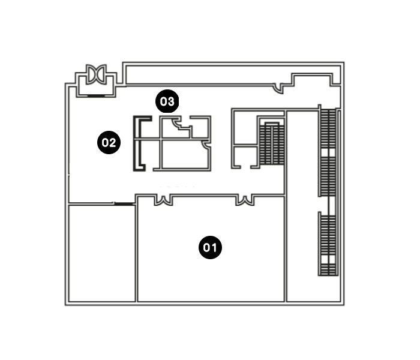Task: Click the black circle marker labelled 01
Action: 210,247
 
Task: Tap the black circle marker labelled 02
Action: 109,142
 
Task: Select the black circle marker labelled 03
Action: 167,101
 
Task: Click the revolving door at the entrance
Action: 96,74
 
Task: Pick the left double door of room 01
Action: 163,200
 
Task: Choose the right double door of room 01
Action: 245,200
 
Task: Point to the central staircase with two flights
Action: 272,143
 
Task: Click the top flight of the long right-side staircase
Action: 328,128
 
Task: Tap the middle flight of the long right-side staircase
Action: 328,176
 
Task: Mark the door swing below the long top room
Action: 279,89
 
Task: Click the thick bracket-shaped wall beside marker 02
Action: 139,143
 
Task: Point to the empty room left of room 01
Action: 102,253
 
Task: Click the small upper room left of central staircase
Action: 245,127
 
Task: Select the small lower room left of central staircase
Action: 245,157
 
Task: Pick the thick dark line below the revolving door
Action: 96,95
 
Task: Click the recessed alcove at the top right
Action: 313,80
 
